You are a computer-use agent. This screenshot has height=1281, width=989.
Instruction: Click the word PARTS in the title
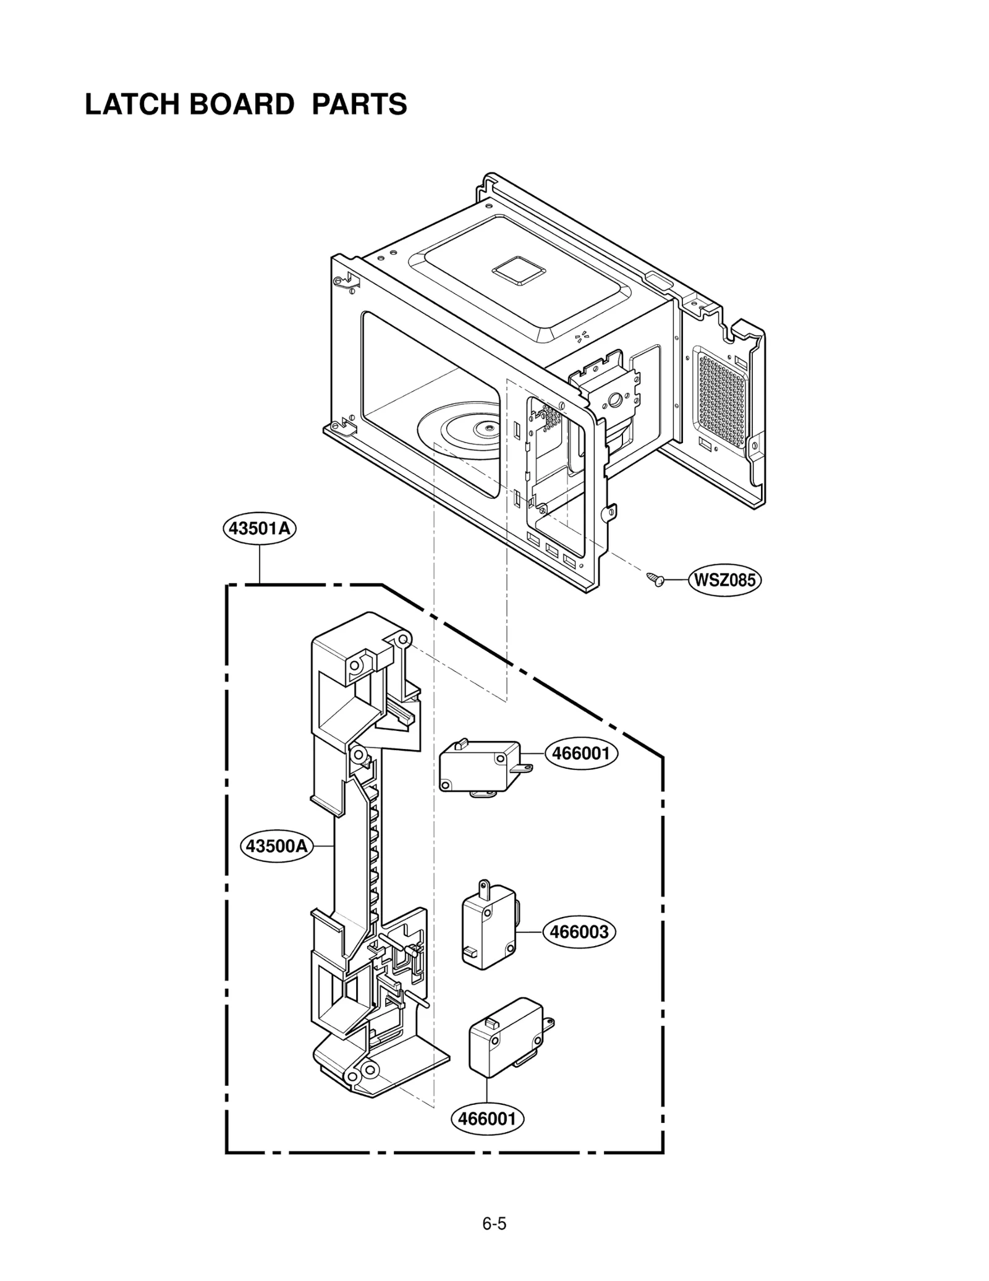tap(359, 104)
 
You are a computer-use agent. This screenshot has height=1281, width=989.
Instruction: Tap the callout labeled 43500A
tap(276, 845)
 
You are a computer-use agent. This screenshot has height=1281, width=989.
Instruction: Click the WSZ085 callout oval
tap(724, 580)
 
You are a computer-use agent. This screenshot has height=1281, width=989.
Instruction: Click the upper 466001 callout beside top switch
tap(580, 753)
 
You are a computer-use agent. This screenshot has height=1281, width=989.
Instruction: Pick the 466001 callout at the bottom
tap(487, 1118)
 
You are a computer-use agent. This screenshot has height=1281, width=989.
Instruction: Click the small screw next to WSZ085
tap(654, 579)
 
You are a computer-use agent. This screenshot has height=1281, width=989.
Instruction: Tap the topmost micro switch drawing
tap(479, 767)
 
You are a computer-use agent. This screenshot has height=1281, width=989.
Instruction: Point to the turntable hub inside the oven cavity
tap(488, 425)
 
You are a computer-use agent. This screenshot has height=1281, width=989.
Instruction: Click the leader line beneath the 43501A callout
tap(260, 564)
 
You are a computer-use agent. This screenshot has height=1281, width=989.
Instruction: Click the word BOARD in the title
tap(242, 104)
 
